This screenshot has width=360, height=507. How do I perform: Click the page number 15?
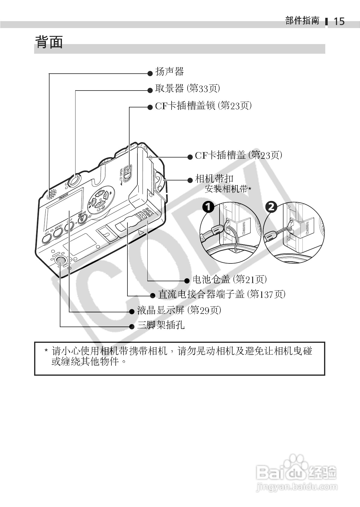(339, 21)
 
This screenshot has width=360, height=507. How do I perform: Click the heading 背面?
(49, 42)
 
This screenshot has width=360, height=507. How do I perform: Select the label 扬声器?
(169, 72)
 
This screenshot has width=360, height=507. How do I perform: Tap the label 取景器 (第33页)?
(187, 89)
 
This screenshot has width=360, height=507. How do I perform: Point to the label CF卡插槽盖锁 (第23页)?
(203, 106)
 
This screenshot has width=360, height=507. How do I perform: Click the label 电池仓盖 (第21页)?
(230, 279)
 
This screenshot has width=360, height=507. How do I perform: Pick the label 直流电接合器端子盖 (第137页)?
(221, 294)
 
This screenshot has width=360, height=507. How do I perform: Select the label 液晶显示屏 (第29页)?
(179, 310)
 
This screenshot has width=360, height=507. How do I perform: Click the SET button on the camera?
(47, 238)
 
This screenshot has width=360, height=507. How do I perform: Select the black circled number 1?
(208, 207)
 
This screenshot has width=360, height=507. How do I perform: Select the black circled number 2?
(271, 207)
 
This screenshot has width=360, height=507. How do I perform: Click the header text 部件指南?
(302, 21)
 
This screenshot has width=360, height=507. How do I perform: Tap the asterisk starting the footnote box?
(46, 351)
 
